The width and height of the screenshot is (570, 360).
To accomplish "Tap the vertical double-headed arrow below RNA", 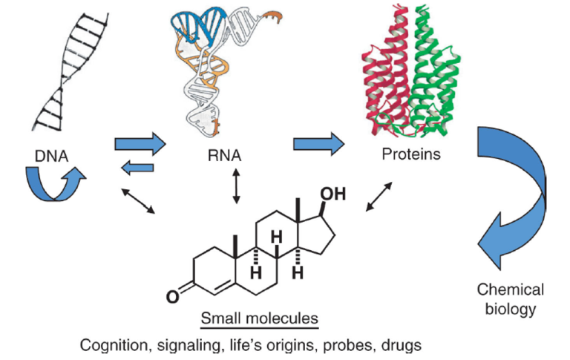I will click(237, 186).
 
